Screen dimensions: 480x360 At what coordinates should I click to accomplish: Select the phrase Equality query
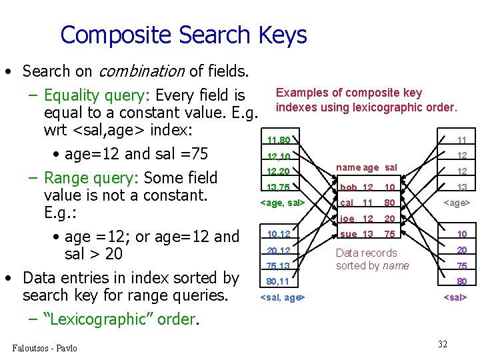pos(96,96)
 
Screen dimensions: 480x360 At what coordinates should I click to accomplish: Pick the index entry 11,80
pos(279,141)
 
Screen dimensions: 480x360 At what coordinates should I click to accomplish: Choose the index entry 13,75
pos(279,188)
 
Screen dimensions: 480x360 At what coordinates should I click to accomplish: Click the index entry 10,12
pos(279,234)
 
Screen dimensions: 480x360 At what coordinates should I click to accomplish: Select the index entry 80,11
pos(279,281)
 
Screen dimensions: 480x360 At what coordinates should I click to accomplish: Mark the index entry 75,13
pos(279,266)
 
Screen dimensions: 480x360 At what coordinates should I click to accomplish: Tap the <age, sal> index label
pos(282,203)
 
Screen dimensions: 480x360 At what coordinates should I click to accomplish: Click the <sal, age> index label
pos(282,297)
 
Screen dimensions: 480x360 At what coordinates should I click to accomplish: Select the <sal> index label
pos(455,297)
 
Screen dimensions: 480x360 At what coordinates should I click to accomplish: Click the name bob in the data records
pos(348,188)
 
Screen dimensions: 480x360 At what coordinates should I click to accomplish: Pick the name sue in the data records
pos(347,234)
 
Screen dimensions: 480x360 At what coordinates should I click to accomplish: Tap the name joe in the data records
pos(347,219)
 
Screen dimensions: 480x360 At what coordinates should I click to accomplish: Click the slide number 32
pos(443,344)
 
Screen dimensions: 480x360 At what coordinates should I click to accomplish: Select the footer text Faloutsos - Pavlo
pos(45,348)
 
